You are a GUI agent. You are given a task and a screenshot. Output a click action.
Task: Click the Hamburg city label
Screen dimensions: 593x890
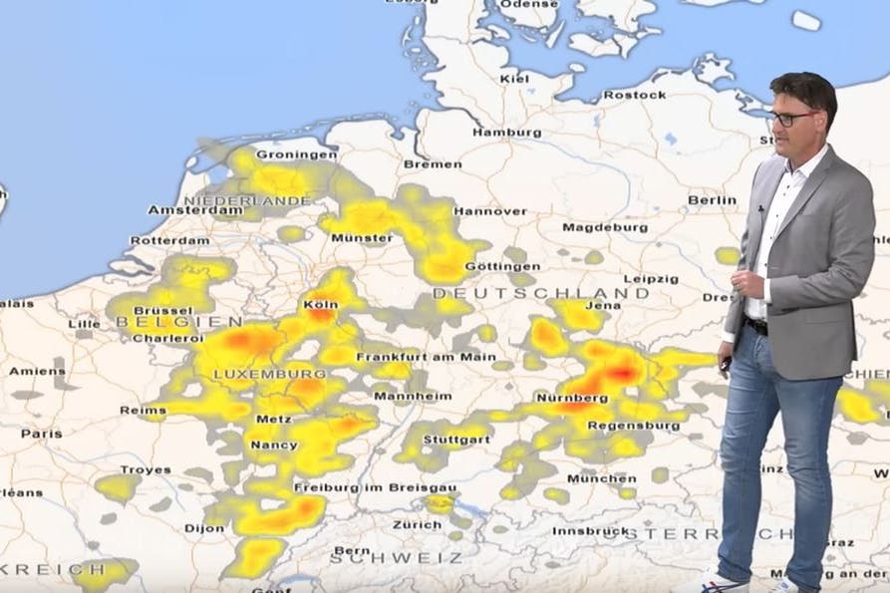click(506, 132)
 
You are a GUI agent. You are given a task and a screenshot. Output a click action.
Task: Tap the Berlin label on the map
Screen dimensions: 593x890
click(712, 199)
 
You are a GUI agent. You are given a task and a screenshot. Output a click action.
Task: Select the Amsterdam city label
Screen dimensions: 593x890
click(195, 210)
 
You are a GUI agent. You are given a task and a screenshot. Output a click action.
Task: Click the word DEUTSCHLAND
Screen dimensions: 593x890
click(540, 294)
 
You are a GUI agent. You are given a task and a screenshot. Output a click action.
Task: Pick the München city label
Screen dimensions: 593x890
click(601, 478)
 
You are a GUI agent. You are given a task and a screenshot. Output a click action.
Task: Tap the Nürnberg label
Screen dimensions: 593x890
click(572, 398)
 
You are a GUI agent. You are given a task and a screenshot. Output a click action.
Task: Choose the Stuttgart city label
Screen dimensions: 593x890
click(455, 439)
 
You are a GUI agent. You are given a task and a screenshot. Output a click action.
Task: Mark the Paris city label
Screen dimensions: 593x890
click(41, 434)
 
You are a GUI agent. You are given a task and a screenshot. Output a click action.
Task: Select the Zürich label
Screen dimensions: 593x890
click(417, 524)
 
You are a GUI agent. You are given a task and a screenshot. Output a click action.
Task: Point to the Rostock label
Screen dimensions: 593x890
click(634, 95)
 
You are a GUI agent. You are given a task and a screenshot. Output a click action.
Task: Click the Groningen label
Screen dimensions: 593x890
click(296, 154)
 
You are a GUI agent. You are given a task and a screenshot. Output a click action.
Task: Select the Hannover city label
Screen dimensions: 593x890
click(490, 211)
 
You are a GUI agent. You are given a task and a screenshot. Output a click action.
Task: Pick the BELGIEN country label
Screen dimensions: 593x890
click(178, 322)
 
